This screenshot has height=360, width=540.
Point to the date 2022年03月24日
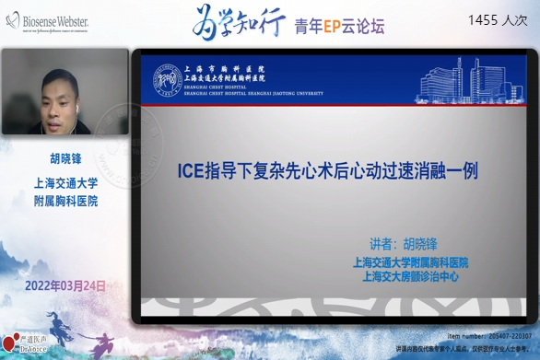pyautogui.click(x=66, y=285)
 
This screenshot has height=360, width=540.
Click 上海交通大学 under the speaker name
pyautogui.click(x=65, y=181)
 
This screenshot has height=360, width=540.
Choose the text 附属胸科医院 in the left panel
pyautogui.click(x=65, y=200)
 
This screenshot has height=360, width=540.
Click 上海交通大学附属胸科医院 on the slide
pyautogui.click(x=410, y=261)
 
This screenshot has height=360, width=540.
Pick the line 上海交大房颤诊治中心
pyautogui.click(x=410, y=274)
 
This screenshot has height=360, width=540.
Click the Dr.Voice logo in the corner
pyautogui.click(x=20, y=347)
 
